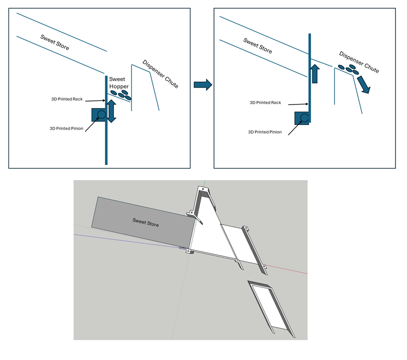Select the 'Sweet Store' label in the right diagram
257,46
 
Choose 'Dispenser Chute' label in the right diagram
358,61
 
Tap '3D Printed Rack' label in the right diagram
265,103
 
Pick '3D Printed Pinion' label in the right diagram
265,132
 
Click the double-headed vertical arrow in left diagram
111,110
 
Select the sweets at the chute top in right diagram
348,68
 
